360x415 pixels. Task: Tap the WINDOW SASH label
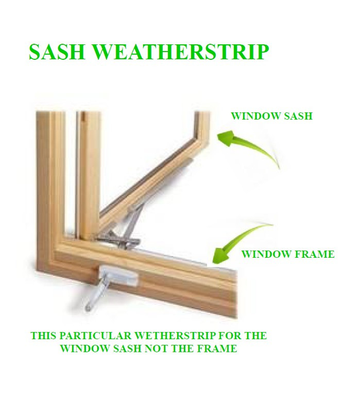271,116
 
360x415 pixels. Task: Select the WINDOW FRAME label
288,254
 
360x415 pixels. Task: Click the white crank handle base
118,276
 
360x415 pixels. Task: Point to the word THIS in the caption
43,336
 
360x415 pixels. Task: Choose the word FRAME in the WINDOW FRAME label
314,254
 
